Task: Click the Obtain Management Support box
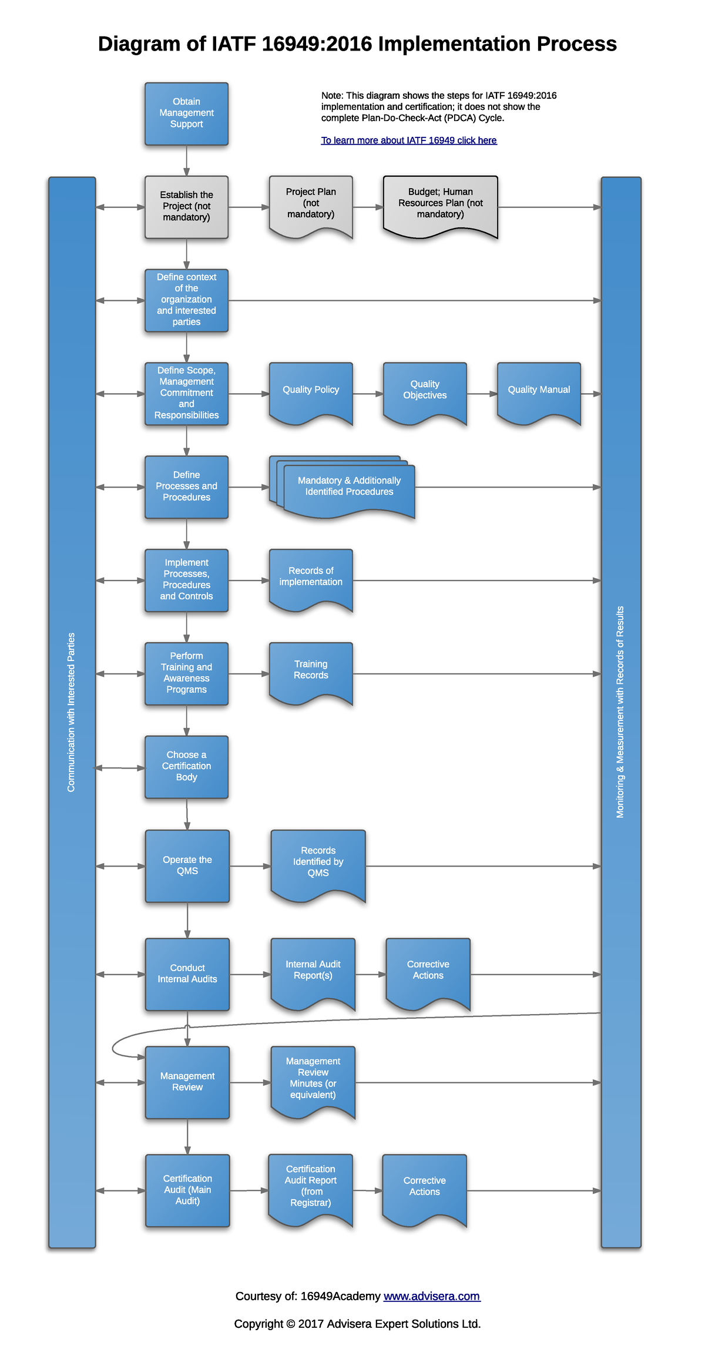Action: click(x=186, y=113)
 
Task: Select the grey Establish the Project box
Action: click(x=186, y=207)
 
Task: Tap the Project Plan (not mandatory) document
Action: click(x=311, y=204)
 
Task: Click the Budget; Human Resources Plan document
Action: click(x=440, y=204)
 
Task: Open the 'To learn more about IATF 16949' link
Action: click(x=408, y=140)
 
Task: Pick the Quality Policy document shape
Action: click(x=311, y=390)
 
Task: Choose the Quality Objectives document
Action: click(x=425, y=390)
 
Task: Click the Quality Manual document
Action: click(x=539, y=390)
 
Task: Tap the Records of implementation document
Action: click(x=311, y=577)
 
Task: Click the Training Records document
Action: click(x=311, y=670)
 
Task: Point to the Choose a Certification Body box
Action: click(x=186, y=767)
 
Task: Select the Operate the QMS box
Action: click(x=187, y=865)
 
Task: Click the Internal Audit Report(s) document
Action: click(x=313, y=971)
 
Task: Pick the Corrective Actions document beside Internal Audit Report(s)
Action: click(x=428, y=971)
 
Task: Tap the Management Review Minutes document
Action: click(x=313, y=1079)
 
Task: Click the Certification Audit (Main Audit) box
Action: click(x=187, y=1190)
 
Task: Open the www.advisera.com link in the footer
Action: click(x=432, y=1296)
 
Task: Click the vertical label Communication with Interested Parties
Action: click(x=72, y=712)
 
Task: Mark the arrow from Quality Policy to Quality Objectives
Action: click(x=368, y=394)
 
